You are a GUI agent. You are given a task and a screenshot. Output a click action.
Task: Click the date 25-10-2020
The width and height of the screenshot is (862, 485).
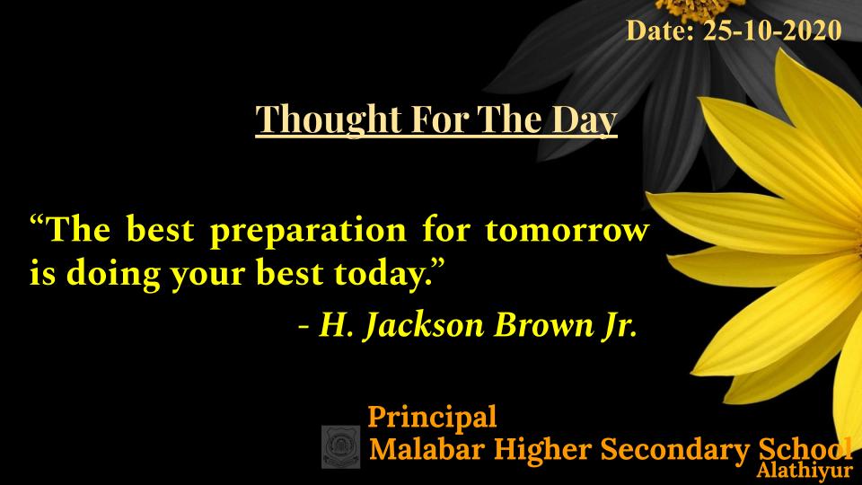point(772,31)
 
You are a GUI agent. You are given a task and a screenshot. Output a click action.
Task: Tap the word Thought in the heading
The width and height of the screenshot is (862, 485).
point(329,119)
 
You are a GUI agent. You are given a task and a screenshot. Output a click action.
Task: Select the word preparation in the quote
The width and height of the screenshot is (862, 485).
point(308,231)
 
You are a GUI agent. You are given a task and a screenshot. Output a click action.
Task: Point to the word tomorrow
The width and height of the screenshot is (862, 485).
point(567,230)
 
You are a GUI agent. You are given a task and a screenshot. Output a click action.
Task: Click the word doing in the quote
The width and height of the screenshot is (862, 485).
point(113,274)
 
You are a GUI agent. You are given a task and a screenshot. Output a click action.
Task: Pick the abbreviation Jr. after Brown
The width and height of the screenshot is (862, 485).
point(621,325)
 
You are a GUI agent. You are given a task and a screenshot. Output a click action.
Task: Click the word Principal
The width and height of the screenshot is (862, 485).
point(432,418)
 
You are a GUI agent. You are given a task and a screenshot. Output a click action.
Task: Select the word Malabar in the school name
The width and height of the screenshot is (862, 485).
point(426,449)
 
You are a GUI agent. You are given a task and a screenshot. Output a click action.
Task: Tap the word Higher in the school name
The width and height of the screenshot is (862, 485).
point(541,450)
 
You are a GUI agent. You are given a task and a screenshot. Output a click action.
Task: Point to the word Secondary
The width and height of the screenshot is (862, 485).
point(674,450)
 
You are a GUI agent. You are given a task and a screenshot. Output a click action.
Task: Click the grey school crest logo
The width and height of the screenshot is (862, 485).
point(341,447)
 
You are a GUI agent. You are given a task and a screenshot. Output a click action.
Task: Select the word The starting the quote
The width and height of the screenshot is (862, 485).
point(79,230)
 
